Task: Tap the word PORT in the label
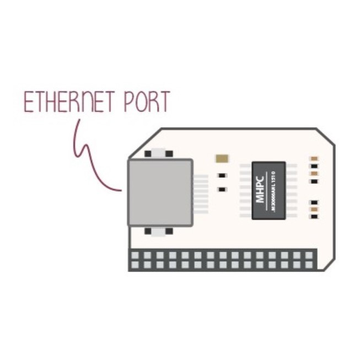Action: (x=144, y=102)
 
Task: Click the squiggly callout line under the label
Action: (x=88, y=154)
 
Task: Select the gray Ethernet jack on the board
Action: (x=160, y=192)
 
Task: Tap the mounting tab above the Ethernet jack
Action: (x=159, y=153)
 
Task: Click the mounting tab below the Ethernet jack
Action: (x=159, y=232)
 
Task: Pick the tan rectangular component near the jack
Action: (x=222, y=159)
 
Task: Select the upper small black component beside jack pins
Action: (x=222, y=176)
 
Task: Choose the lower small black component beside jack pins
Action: (x=222, y=190)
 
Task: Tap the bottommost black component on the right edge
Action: (x=314, y=217)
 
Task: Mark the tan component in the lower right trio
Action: (x=314, y=209)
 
